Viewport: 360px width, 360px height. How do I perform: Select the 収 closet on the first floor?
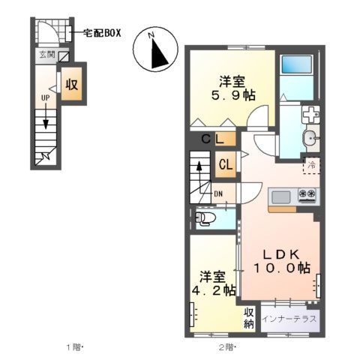click(x=72, y=85)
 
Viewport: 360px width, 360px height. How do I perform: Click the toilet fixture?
click(x=205, y=218)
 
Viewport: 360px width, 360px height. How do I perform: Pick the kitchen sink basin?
click(x=280, y=196)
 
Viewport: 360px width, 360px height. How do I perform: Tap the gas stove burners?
click(x=306, y=196)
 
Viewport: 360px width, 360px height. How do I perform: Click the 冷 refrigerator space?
click(x=310, y=163)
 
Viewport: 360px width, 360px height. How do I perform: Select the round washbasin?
click(x=310, y=138)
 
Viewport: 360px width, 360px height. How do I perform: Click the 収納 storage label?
click(x=250, y=318)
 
